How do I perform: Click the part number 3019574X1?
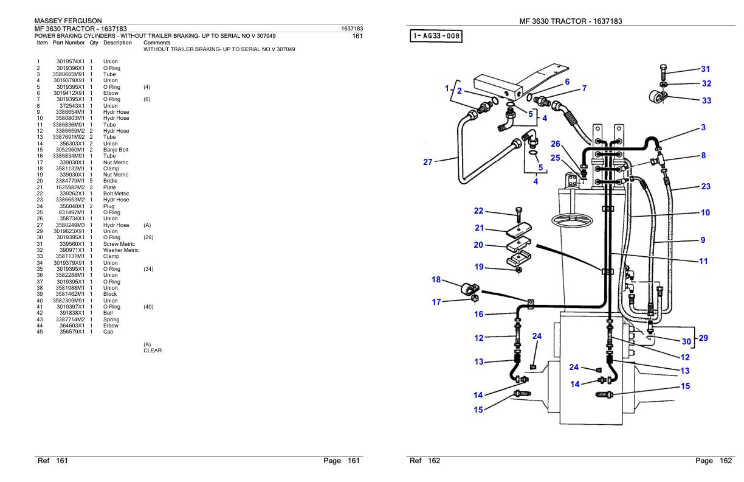pos(71,61)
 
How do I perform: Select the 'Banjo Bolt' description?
pos(115,150)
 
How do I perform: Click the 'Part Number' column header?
pos(69,43)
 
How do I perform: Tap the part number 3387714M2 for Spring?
pos(70,320)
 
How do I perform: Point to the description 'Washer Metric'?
pos(121,250)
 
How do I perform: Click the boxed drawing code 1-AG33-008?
pos(436,36)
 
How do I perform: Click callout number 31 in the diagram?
pos(706,69)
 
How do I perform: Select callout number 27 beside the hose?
pos(428,162)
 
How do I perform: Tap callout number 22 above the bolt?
pos(478,211)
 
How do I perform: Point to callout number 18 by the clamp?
pos(436,279)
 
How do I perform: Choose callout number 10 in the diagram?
pos(706,212)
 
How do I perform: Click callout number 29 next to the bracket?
pos(703,338)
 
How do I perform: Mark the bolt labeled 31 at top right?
pos(663,72)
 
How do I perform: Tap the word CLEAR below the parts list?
pos(153,351)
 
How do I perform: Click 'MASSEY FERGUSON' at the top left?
pos(68,21)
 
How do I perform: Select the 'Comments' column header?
pos(157,43)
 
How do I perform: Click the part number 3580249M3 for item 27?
pos(70,225)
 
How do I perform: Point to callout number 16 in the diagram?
pos(478,315)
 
